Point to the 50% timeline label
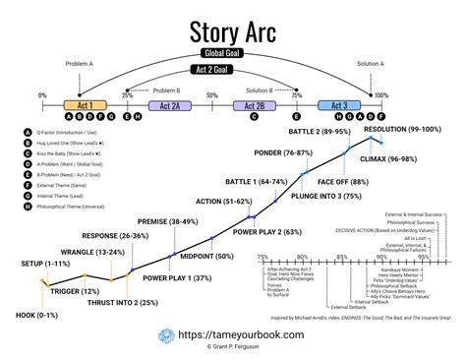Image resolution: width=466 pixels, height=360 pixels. coord(212,94)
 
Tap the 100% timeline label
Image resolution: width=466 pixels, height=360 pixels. coord(380,95)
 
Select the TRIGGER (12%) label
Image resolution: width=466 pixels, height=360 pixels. coord(75,291)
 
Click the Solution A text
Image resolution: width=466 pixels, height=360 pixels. coord(370,62)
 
